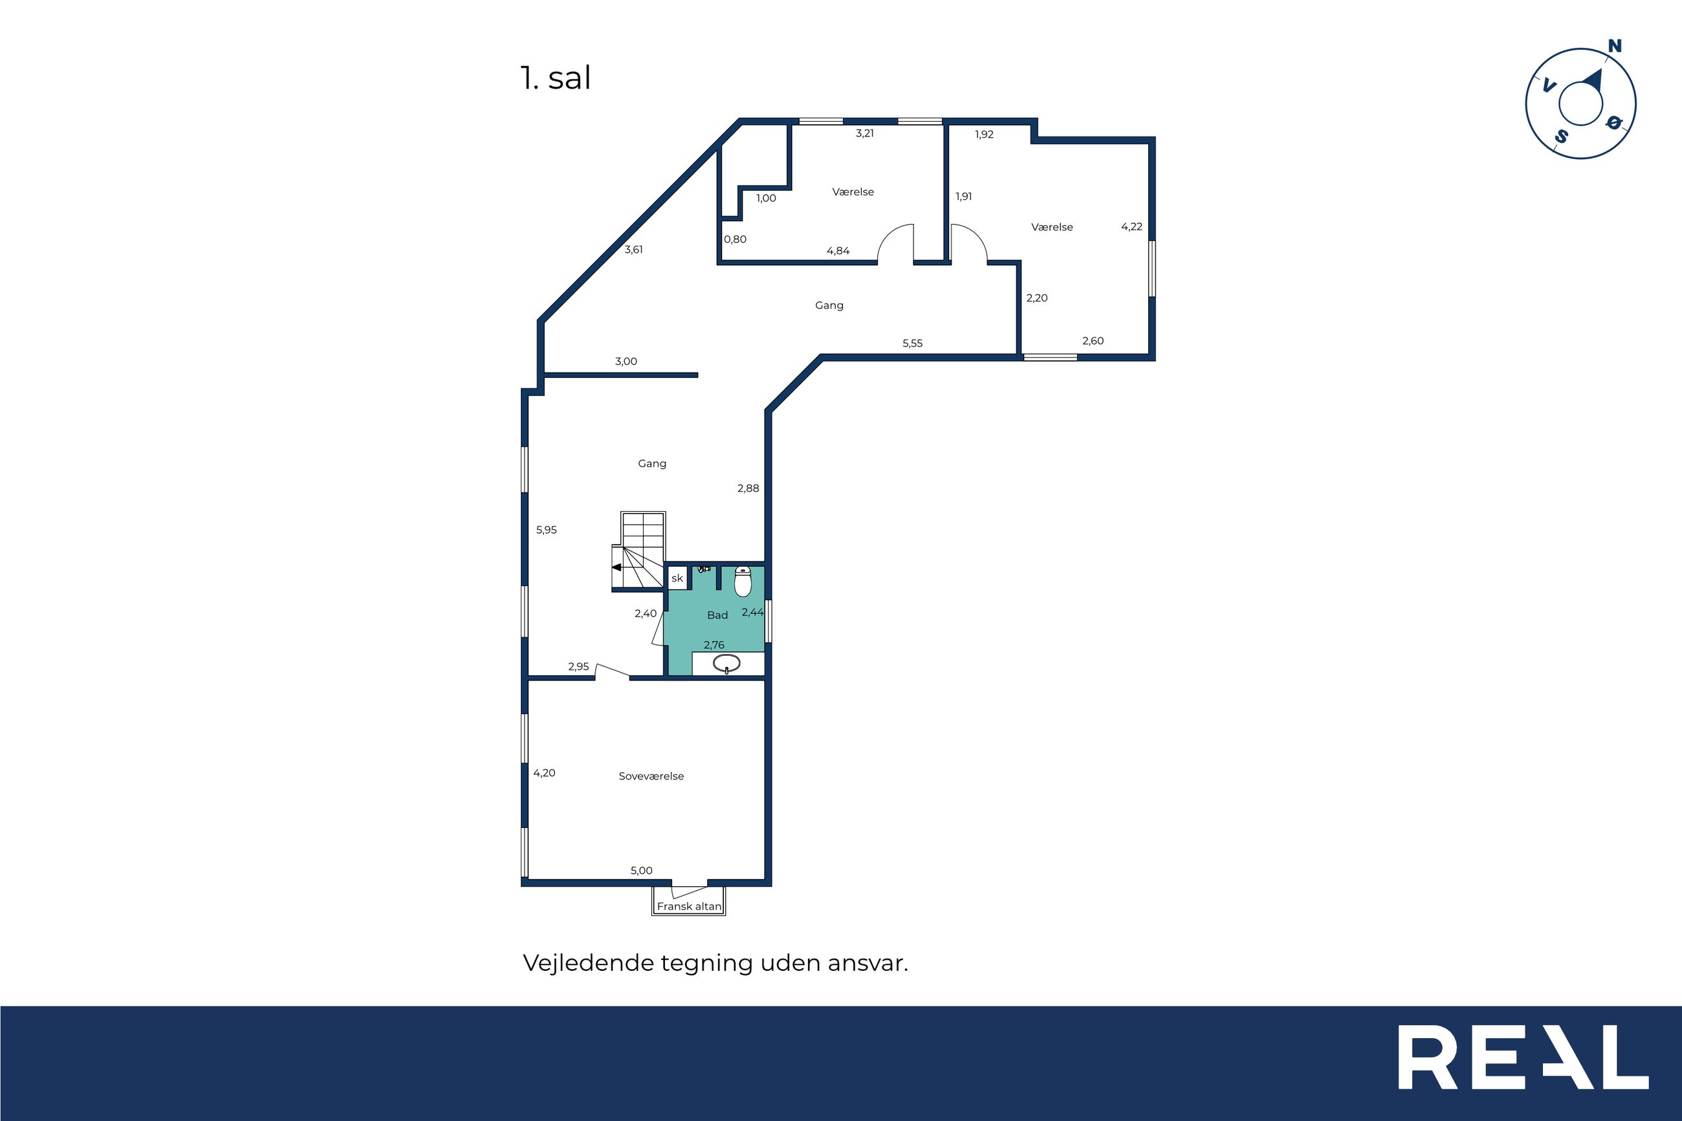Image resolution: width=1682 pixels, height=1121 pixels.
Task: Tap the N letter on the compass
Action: [1614, 46]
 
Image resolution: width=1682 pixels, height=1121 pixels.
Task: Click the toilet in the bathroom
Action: [743, 582]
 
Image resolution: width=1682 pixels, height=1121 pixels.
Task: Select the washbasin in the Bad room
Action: [727, 664]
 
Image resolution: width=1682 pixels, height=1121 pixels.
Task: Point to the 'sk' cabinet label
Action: [677, 578]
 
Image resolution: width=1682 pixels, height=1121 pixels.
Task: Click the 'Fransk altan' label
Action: [689, 906]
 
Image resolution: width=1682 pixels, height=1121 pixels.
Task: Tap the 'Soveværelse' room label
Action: [651, 776]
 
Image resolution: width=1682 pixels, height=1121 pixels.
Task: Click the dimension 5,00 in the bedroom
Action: [641, 871]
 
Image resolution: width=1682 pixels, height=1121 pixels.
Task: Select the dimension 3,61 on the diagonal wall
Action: [633, 250]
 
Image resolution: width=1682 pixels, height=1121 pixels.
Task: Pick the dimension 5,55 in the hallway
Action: [912, 343]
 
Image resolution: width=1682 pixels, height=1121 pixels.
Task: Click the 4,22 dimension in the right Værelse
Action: [1131, 226]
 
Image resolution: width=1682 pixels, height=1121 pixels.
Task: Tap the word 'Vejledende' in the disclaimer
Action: [588, 963]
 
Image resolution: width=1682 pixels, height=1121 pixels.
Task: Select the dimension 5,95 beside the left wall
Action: [546, 530]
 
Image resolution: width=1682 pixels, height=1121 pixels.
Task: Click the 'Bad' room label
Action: [717, 615]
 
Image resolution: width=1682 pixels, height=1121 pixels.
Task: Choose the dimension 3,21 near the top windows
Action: [865, 133]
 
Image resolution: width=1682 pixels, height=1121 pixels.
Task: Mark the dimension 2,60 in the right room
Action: [1093, 341]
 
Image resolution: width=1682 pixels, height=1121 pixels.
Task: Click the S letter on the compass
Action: [1561, 136]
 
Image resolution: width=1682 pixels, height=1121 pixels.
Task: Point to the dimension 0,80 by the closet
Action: [735, 239]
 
